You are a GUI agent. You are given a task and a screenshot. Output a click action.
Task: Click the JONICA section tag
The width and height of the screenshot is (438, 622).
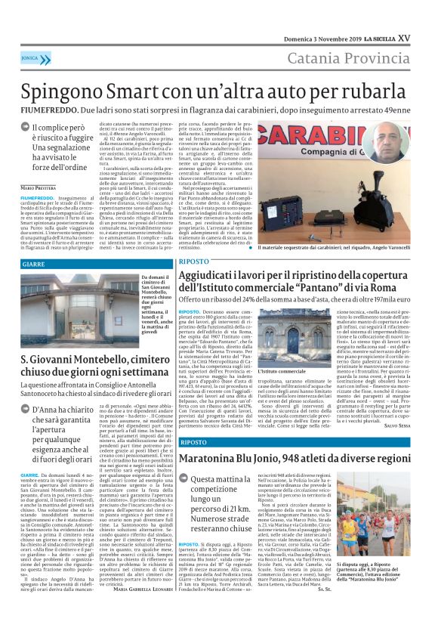pyautogui.click(x=30, y=57)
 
